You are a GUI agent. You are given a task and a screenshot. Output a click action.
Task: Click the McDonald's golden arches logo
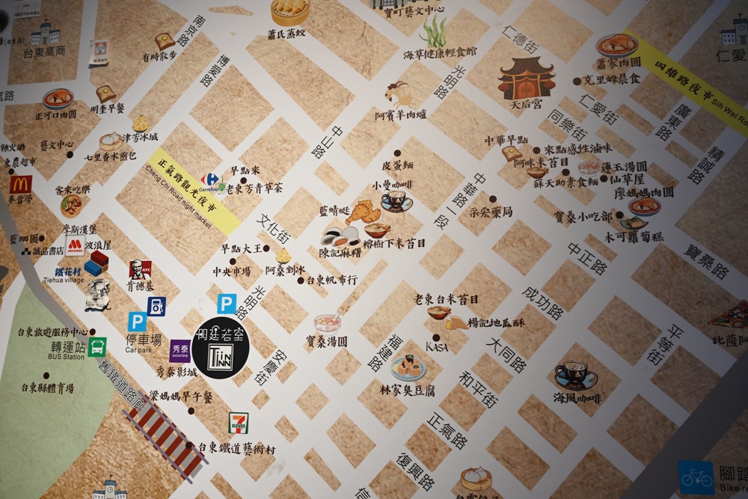[21, 184]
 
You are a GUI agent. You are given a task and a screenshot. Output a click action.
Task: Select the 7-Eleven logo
[239, 423]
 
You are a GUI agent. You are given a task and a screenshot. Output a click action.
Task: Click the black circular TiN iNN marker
[220, 348]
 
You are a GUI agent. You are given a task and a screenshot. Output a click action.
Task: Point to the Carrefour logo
[211, 180]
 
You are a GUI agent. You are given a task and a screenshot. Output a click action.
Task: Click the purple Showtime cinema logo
[180, 350]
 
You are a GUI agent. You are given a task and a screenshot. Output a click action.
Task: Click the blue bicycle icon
[696, 477]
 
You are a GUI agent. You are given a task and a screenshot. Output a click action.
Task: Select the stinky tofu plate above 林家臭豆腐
[408, 368]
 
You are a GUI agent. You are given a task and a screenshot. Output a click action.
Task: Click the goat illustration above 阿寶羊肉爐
[399, 94]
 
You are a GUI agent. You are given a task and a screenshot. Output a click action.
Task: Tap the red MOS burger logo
[75, 246]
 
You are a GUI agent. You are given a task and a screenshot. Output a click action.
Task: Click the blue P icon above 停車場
[137, 322]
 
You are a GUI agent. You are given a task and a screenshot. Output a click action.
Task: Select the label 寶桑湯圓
[326, 341]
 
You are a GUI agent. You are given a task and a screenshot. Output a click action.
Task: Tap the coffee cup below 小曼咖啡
[396, 200]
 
